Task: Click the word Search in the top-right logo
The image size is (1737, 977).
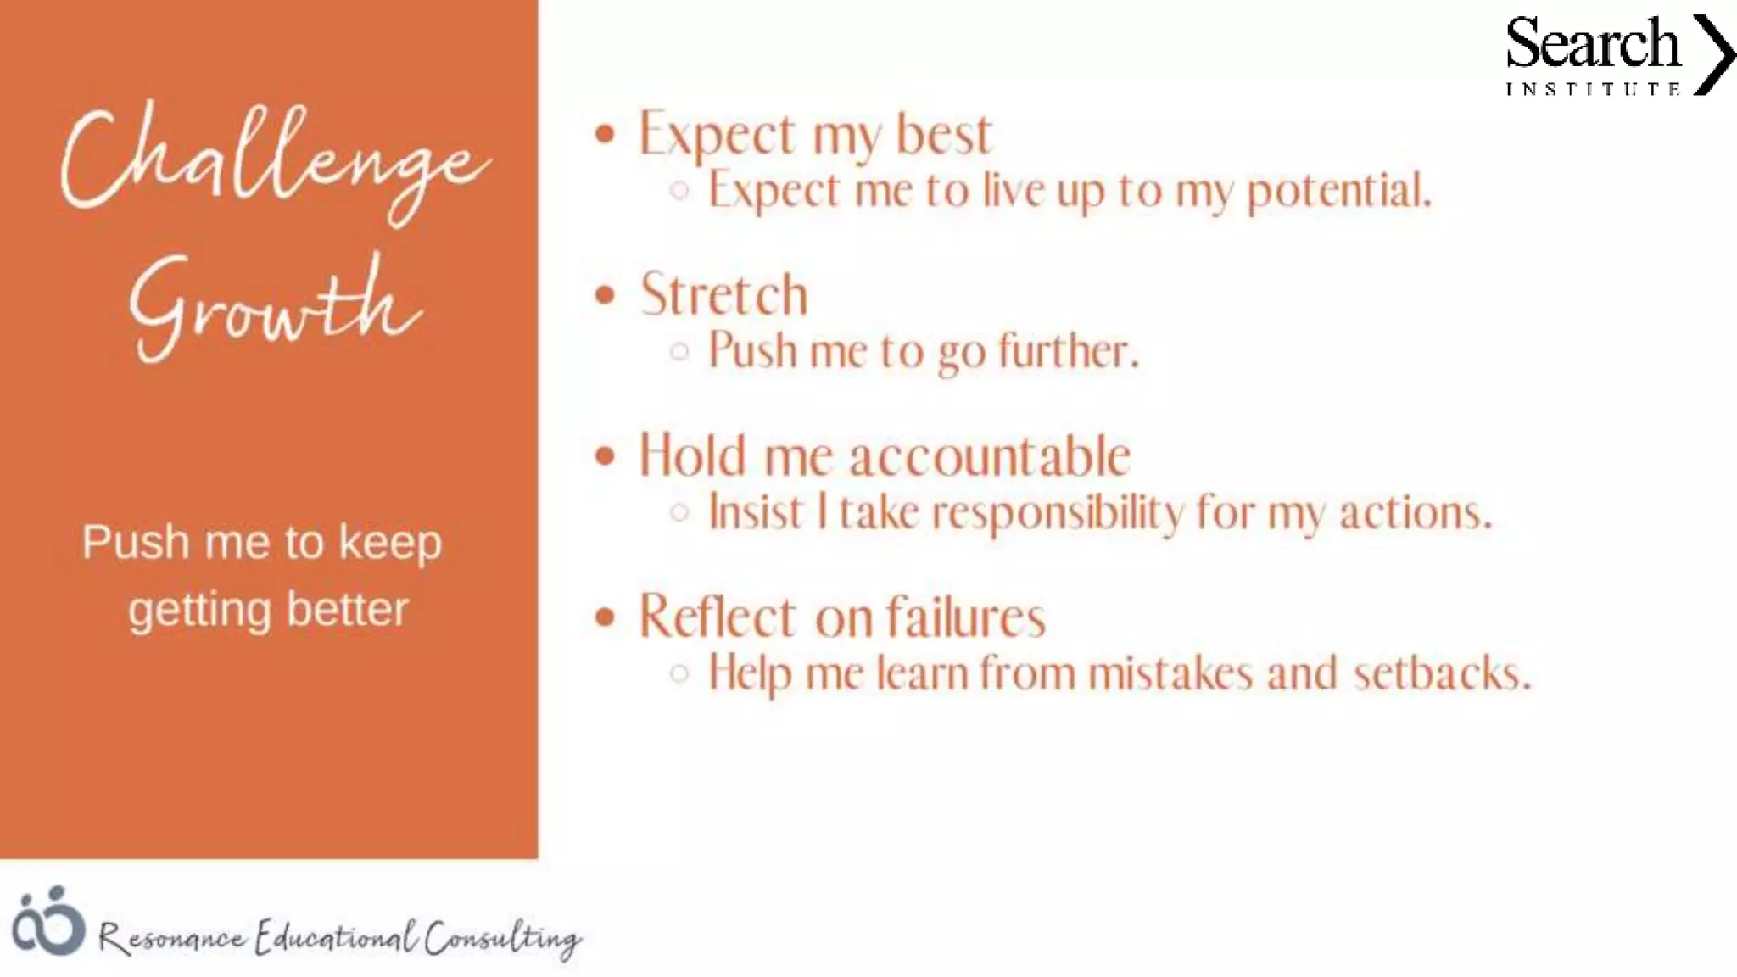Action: click(1592, 44)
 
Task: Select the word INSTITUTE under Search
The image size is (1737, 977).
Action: click(1592, 89)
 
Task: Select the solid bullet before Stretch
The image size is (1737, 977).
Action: click(605, 295)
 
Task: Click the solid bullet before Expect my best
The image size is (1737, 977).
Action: click(605, 134)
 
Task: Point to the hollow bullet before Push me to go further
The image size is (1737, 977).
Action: click(679, 351)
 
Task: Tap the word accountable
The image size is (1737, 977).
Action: click(990, 456)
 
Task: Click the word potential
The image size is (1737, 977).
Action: click(1338, 190)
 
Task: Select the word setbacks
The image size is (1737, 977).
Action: click(1442, 673)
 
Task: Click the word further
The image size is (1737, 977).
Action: click(1068, 351)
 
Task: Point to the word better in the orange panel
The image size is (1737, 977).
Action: click(348, 609)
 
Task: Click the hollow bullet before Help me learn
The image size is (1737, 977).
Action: click(679, 673)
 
